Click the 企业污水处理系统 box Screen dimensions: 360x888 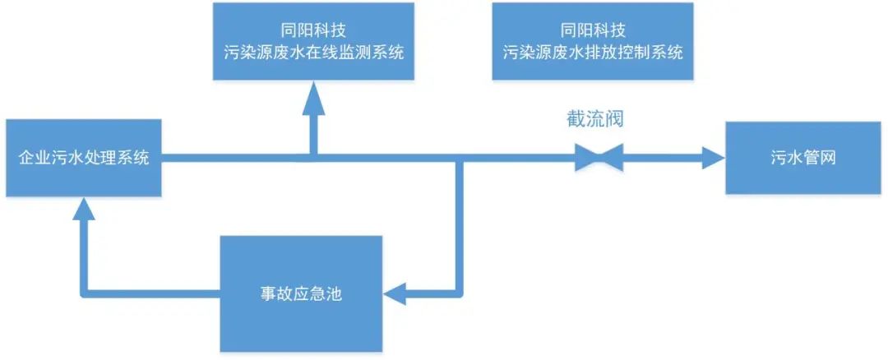click(x=83, y=158)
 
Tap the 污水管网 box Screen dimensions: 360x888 click(x=805, y=158)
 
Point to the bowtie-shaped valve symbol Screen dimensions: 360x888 click(x=598, y=157)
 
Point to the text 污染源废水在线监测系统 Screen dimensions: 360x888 click(x=312, y=53)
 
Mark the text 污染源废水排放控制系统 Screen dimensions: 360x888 click(x=592, y=53)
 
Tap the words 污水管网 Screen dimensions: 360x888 click(x=805, y=158)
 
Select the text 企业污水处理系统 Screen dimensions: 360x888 click(x=83, y=158)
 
